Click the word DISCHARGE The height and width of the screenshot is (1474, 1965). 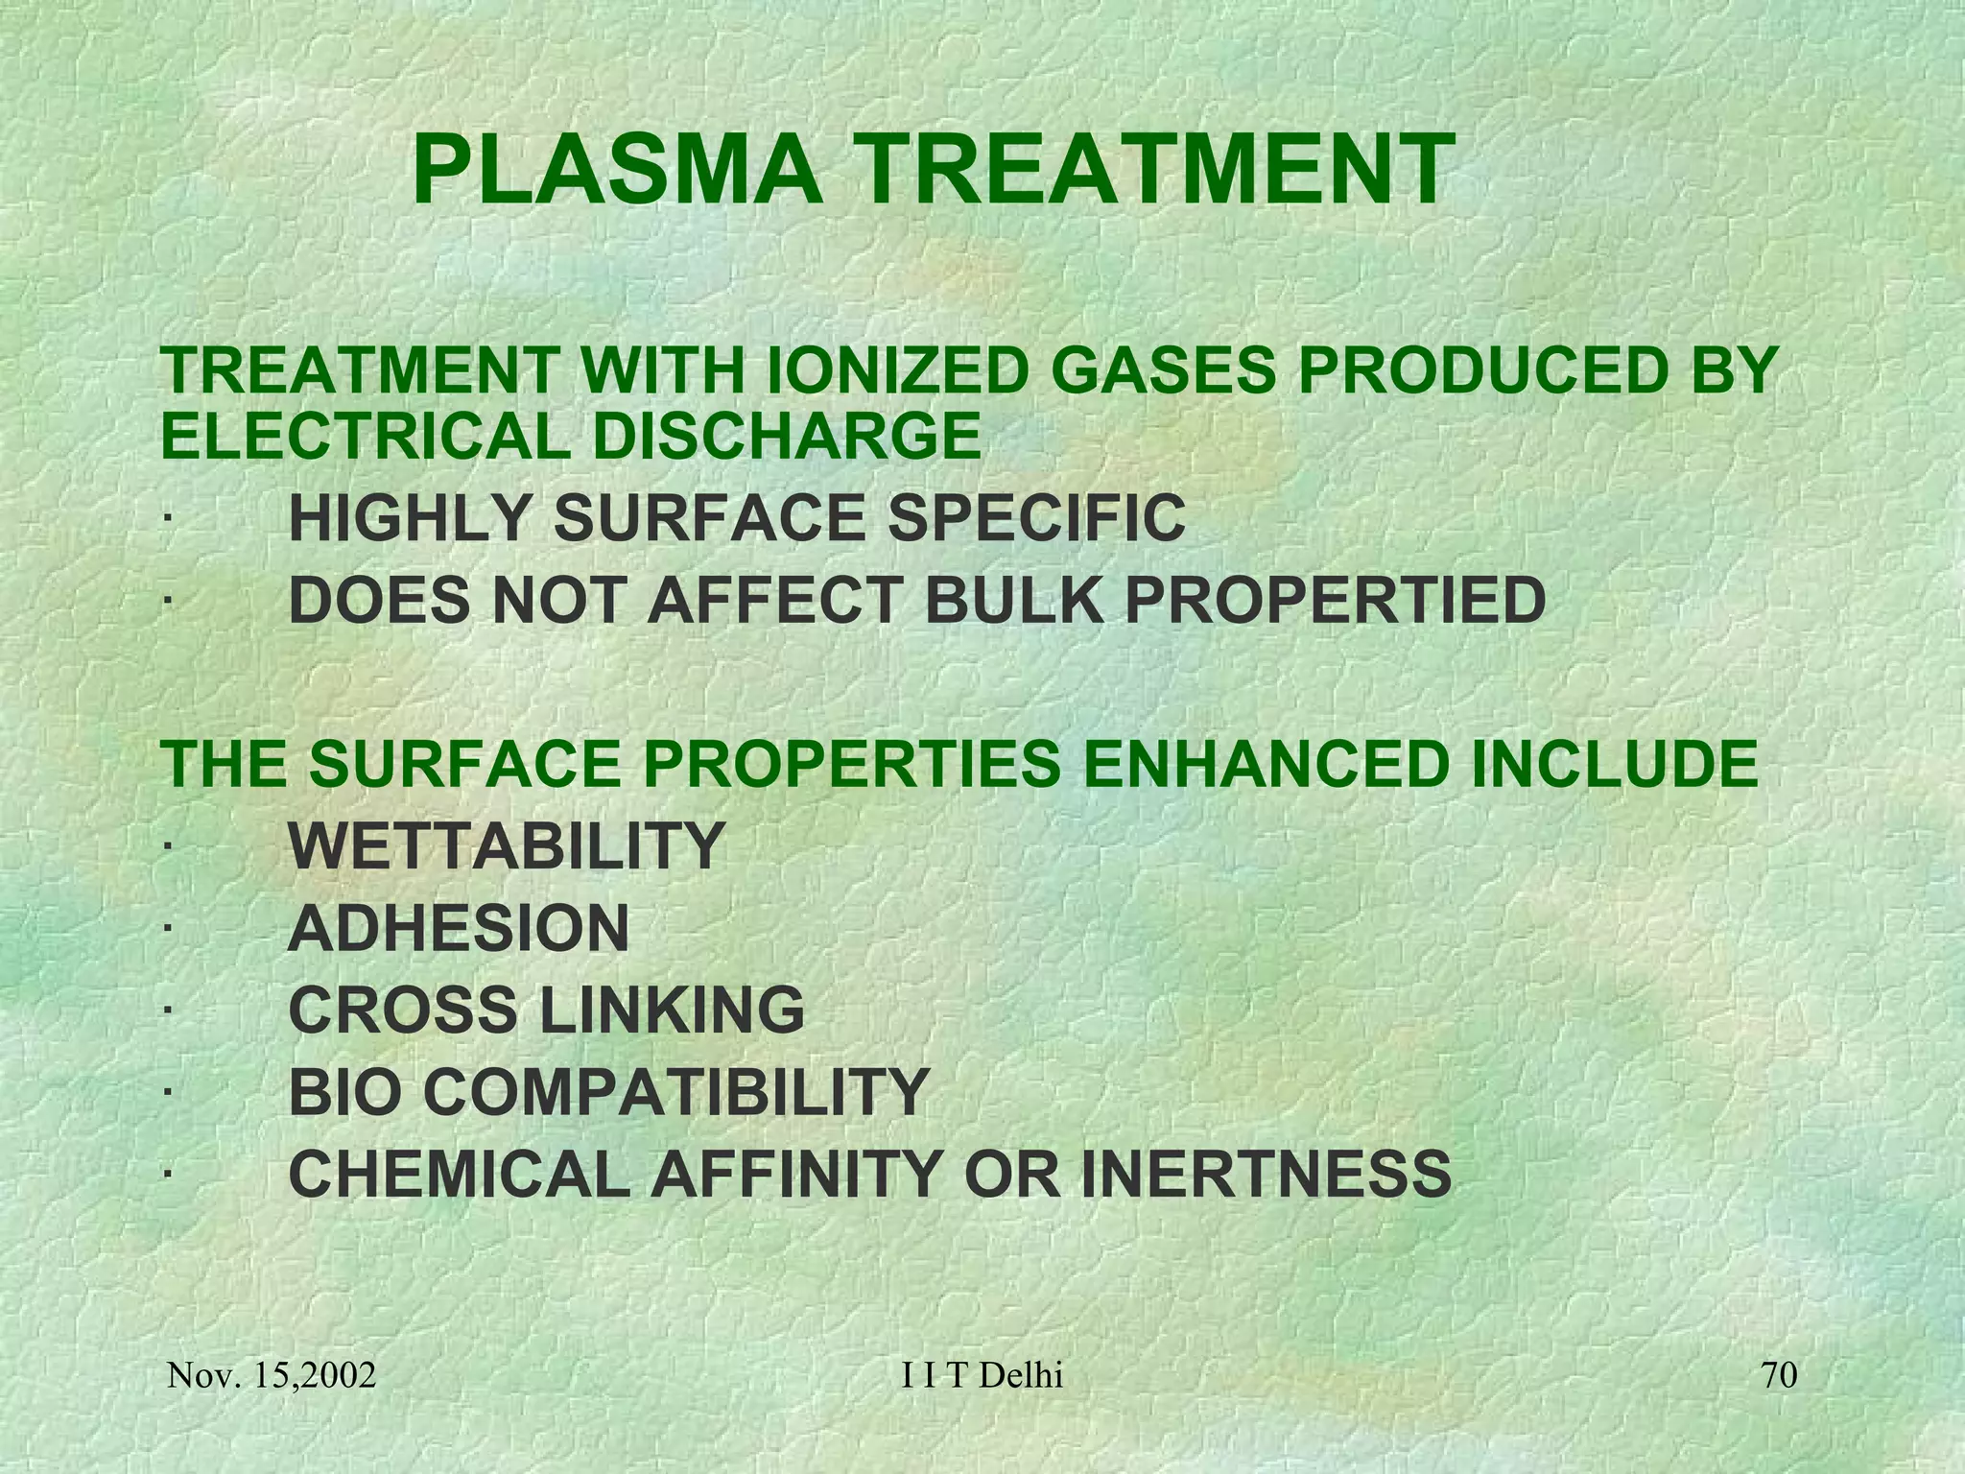pos(786,436)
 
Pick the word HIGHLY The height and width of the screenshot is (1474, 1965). pos(409,518)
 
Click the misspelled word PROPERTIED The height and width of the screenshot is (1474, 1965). pos(1335,601)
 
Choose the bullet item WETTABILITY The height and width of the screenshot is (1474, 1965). pos(506,845)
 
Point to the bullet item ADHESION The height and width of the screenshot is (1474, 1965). pos(459,928)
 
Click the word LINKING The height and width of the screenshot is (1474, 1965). pos(673,1010)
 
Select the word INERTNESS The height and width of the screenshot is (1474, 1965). pos(1267,1174)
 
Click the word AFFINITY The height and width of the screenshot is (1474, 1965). pos(793,1174)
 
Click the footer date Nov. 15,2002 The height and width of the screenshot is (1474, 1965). pos(272,1376)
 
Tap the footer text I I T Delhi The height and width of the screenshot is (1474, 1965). pos(982,1376)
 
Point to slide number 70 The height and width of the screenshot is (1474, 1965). pos(1780,1376)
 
